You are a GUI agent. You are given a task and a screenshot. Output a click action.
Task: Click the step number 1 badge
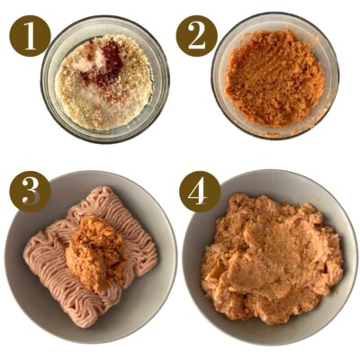[30, 36]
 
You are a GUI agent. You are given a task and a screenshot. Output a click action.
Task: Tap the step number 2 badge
[196, 36]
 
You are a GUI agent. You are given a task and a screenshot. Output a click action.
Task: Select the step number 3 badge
[30, 192]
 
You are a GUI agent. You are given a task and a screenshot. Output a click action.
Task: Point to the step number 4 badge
[200, 192]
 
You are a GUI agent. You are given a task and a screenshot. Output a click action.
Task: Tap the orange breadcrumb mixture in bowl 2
[275, 78]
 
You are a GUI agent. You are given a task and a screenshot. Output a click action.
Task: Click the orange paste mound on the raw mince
[96, 253]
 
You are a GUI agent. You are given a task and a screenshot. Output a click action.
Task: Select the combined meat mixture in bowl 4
[272, 258]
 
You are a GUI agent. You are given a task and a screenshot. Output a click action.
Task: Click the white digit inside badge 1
[30, 36]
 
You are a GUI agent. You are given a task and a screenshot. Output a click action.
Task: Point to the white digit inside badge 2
[196, 36]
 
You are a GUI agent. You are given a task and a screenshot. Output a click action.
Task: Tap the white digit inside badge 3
[31, 192]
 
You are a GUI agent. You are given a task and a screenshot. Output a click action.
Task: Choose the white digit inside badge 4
[198, 192]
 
